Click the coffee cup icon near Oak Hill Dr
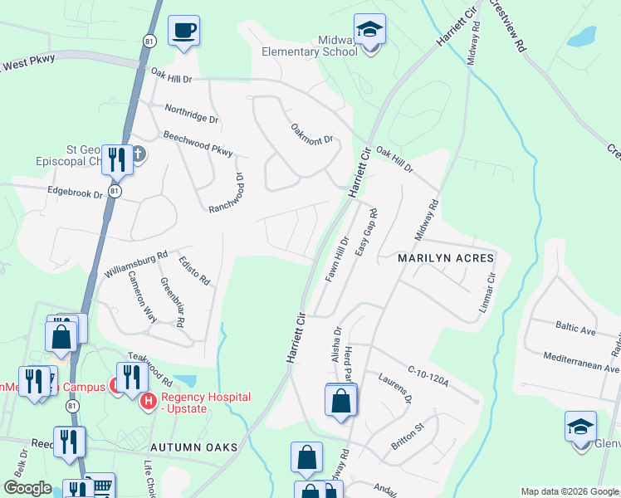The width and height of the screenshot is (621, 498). tap(184, 32)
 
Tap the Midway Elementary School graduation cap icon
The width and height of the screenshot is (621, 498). tap(369, 31)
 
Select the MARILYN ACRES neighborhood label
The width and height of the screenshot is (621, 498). tap(446, 259)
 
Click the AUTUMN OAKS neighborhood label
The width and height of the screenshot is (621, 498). tap(194, 447)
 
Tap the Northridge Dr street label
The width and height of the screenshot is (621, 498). tap(191, 114)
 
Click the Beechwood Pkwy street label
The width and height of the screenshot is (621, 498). tap(198, 143)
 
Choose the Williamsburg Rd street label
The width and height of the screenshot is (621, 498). tap(136, 264)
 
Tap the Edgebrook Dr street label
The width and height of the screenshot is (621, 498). tap(74, 193)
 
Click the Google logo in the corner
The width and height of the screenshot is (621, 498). tap(27, 488)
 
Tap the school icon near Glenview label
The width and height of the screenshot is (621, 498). tap(580, 427)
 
